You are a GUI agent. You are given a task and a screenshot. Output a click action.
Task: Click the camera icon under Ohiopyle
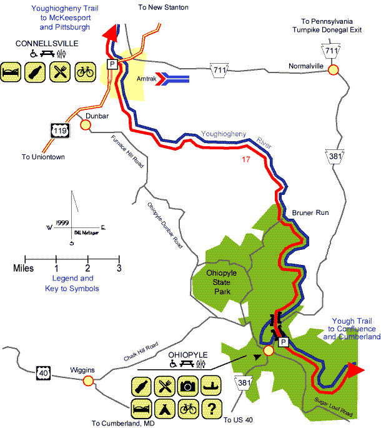coord(187,386)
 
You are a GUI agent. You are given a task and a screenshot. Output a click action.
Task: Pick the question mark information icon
coord(211,409)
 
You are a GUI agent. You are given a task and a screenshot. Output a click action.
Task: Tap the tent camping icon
coord(164,409)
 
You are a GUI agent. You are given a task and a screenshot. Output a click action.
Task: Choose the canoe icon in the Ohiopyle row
coord(211,386)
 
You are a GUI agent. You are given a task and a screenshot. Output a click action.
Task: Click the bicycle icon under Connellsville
coord(84,71)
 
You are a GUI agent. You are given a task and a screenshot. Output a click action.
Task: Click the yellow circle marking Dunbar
coord(85,125)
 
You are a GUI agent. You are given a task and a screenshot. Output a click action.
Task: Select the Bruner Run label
coord(310,213)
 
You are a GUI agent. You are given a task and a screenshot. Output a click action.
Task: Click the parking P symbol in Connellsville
coord(112,64)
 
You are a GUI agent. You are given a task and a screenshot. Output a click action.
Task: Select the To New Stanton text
coord(163,7)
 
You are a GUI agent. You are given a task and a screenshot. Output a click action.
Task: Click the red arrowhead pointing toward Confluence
coord(355,369)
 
